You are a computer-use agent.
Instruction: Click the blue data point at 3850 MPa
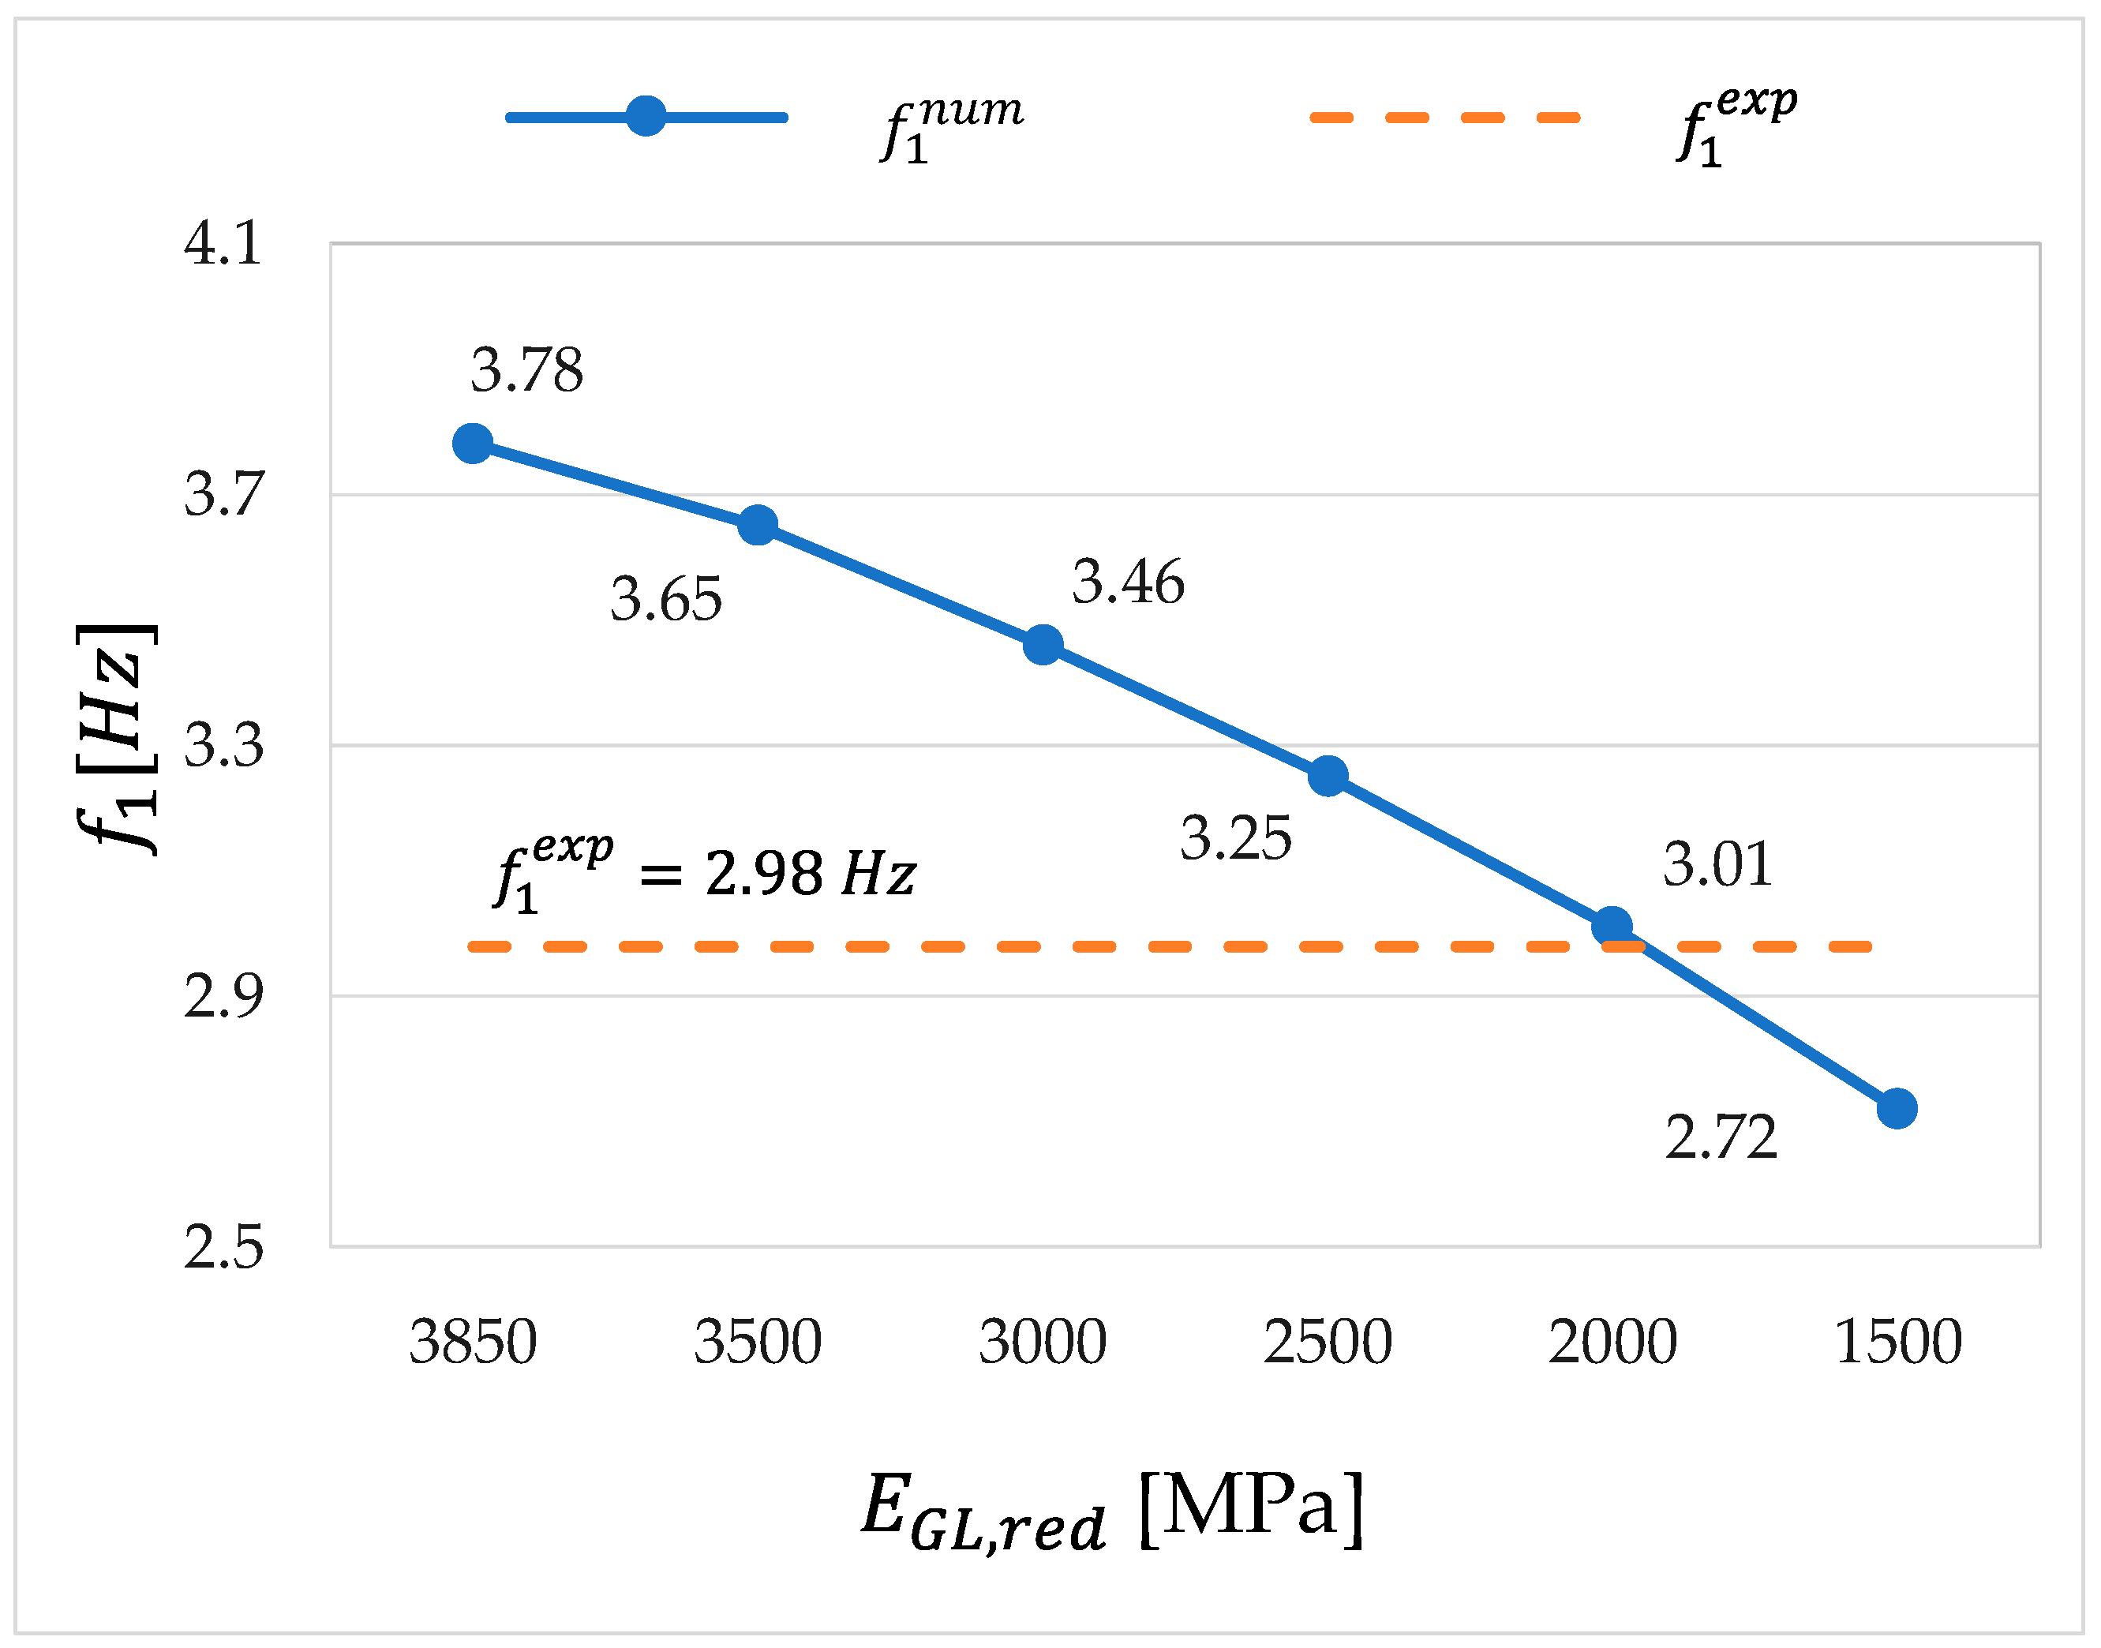pos(473,443)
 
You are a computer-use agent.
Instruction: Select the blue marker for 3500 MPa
pos(758,525)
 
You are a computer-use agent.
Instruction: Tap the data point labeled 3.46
pos(1043,645)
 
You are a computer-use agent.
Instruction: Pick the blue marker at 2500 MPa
pos(1328,776)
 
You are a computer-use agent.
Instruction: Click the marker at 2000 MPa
pos(1612,927)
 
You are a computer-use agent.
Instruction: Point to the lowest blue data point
pos(1897,1109)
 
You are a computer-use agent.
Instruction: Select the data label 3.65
pos(665,599)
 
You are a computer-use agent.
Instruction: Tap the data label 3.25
pos(1236,837)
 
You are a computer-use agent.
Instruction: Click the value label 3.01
pos(1718,863)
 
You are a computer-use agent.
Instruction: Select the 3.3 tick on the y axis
pos(223,745)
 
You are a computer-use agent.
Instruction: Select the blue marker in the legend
pos(646,117)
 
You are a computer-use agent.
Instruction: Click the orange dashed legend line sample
pos(1444,118)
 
